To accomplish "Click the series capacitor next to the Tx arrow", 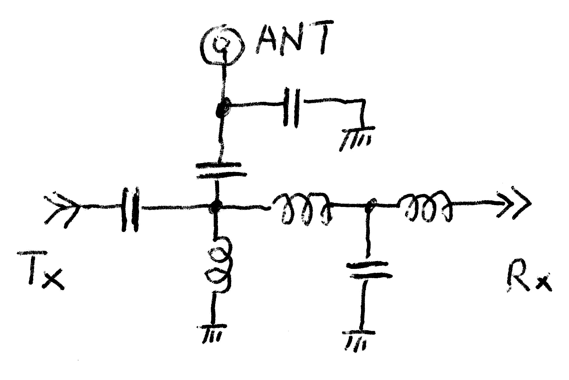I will point(130,210).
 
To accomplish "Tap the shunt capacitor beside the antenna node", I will point(292,107).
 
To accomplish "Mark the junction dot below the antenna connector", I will point(223,106).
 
